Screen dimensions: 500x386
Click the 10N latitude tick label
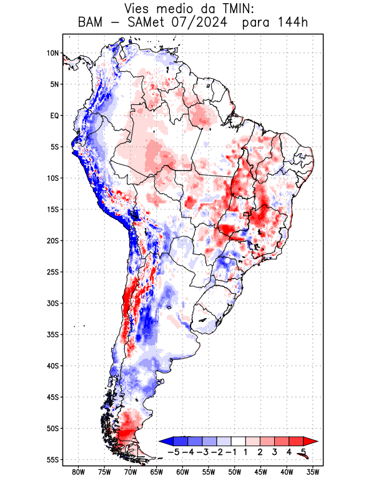[52, 53]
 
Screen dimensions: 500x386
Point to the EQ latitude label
[54, 116]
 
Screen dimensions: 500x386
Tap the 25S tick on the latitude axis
[52, 272]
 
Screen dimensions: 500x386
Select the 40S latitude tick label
[52, 366]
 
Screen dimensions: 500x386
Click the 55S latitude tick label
[52, 459]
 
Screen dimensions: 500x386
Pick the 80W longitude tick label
[78, 472]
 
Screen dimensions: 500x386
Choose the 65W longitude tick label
[156, 472]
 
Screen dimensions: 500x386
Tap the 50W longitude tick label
[234, 472]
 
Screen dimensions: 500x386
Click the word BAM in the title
[91, 24]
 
